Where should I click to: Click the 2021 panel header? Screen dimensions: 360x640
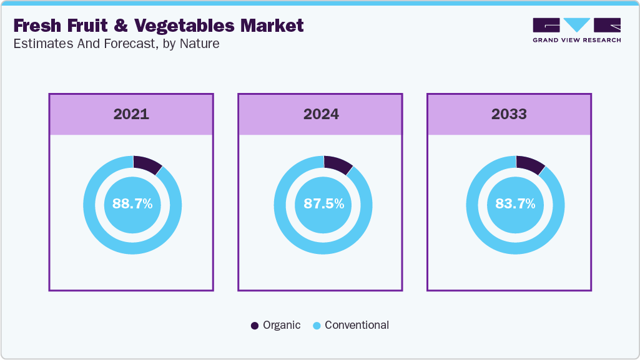[x=131, y=114]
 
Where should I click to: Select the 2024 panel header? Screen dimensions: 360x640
[x=321, y=114]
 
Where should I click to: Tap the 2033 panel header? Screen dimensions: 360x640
[x=509, y=114]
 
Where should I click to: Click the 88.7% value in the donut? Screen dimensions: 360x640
[x=132, y=204]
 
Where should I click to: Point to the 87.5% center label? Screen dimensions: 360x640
[x=323, y=204]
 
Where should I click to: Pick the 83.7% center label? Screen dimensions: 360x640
[x=516, y=204]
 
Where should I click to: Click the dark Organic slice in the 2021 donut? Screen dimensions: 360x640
[x=147, y=163]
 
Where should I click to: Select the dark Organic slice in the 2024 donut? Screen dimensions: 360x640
[x=338, y=164]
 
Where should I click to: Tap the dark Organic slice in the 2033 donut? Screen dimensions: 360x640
[x=530, y=164]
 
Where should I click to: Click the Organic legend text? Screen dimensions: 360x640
[x=282, y=325]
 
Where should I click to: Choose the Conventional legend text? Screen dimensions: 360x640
[x=357, y=325]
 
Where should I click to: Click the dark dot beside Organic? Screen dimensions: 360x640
[x=254, y=326]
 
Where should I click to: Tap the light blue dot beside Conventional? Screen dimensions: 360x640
[x=316, y=326]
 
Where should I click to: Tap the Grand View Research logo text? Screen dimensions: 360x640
[x=576, y=40]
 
